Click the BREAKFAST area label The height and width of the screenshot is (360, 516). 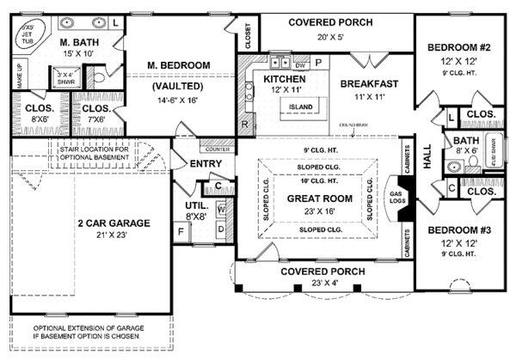click(x=368, y=84)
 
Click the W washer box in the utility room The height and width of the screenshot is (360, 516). click(x=220, y=209)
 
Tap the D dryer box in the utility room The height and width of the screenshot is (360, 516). click(x=220, y=229)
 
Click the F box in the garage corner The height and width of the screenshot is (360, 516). click(x=181, y=230)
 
